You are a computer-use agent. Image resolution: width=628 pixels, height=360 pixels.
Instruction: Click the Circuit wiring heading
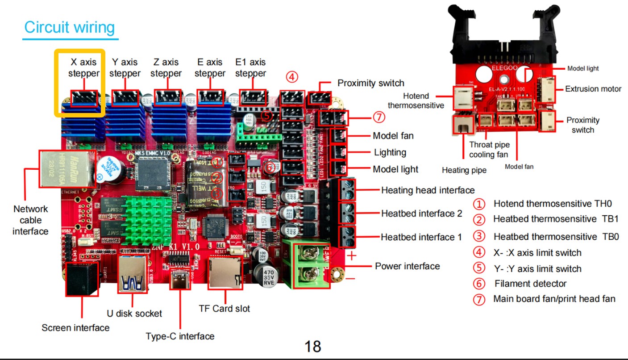[69, 27]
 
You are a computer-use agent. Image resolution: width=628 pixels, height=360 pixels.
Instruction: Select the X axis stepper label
[83, 67]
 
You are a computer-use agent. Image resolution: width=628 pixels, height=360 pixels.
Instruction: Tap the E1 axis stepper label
[250, 67]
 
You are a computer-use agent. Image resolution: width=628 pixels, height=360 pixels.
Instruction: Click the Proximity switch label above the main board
[370, 83]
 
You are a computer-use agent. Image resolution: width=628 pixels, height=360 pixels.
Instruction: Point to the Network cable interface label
[30, 220]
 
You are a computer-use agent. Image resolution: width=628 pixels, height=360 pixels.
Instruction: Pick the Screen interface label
[75, 328]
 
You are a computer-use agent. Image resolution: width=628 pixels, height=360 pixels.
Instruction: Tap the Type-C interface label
[180, 336]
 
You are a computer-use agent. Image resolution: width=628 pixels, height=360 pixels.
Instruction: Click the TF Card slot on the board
[225, 272]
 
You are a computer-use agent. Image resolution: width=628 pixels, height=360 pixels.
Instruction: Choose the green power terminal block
[306, 264]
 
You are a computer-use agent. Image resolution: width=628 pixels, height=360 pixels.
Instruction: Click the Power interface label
[407, 266]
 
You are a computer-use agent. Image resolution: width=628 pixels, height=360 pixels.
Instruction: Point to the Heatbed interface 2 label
[421, 213]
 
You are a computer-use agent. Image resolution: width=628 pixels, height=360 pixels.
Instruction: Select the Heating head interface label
[428, 190]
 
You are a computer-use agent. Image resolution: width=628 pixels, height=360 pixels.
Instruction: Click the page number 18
[313, 346]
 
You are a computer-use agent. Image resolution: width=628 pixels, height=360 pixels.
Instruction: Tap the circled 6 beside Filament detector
[479, 284]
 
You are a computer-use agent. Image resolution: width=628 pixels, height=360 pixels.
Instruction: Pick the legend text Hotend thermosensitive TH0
[553, 204]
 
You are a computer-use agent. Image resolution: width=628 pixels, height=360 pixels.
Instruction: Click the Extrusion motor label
[593, 89]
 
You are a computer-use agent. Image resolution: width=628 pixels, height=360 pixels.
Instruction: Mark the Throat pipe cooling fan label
[489, 150]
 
